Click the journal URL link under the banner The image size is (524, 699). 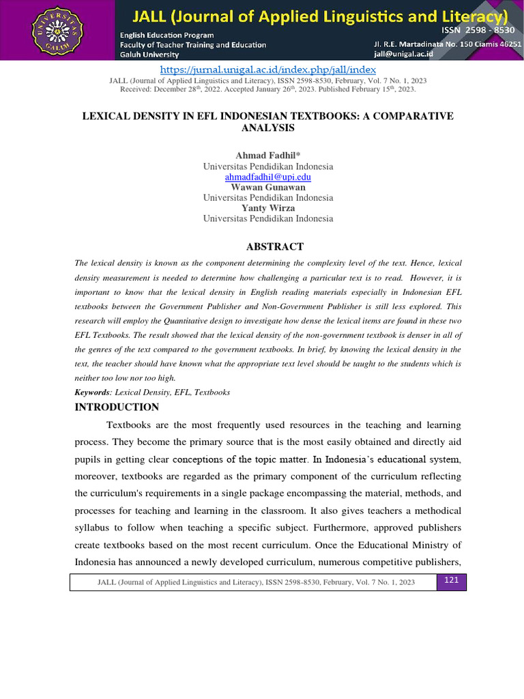coord(268,70)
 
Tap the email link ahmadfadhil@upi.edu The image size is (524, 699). coord(268,177)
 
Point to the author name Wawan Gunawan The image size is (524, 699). coord(268,187)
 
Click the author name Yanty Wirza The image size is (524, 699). coord(268,208)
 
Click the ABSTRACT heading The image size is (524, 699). coord(275,246)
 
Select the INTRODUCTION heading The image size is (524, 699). coord(117,407)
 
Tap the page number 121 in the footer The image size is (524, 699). coord(451,580)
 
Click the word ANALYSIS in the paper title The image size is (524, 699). coord(268,128)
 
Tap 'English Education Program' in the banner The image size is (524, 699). coord(166,35)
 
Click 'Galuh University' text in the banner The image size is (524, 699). coord(149,55)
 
